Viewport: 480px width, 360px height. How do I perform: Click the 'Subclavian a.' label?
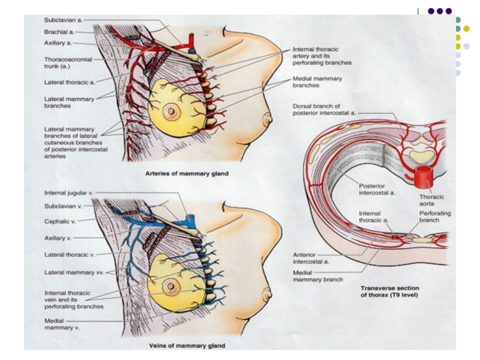click(63, 20)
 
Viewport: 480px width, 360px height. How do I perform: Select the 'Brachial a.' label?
click(59, 31)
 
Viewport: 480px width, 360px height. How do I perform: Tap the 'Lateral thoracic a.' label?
click(70, 82)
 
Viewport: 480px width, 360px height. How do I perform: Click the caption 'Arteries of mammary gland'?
click(187, 173)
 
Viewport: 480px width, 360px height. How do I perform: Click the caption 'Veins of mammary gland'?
click(187, 346)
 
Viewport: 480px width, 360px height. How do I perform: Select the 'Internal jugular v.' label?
click(68, 193)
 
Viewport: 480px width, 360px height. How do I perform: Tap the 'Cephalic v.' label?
click(61, 221)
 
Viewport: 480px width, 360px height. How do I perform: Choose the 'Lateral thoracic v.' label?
click(70, 254)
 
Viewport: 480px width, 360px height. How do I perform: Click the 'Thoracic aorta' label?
click(431, 200)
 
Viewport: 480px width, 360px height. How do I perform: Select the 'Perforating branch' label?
click(435, 217)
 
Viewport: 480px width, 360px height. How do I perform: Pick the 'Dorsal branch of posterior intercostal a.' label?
click(324, 109)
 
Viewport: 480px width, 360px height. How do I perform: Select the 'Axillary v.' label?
click(58, 238)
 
